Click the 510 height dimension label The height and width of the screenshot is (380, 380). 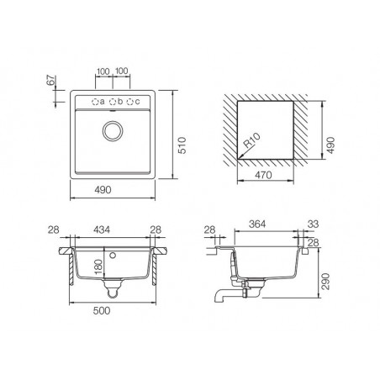[182, 145]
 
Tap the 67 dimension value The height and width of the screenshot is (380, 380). [51, 81]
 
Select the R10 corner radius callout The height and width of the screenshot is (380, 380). [252, 140]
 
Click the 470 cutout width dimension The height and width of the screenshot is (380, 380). [263, 175]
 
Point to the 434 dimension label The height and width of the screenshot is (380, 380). [102, 230]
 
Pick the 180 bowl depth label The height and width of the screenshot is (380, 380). [98, 267]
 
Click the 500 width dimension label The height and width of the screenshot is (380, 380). [102, 310]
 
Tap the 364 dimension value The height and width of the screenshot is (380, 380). [257, 224]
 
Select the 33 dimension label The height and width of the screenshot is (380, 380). [314, 224]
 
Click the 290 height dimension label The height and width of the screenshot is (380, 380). [326, 282]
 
